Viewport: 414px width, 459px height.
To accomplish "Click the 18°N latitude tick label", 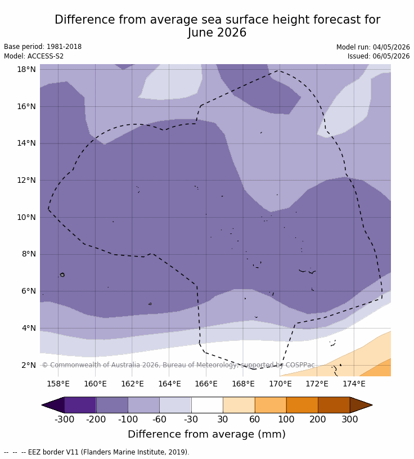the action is tap(26, 69).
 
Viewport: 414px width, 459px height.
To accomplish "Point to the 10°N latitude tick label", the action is tap(26, 217).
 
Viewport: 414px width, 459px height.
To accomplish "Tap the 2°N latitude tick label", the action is tap(29, 365).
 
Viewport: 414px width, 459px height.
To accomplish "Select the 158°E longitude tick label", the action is tap(58, 384).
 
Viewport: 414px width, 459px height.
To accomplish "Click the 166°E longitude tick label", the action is tap(206, 384).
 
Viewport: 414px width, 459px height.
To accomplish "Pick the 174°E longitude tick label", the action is tap(354, 384).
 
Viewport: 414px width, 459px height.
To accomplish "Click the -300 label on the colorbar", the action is tap(65, 420).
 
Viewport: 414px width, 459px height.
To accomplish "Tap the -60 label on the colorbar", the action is tap(159, 420).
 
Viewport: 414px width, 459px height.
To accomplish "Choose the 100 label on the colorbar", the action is tap(286, 420).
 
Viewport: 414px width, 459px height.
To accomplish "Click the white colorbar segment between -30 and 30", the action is tap(207, 405).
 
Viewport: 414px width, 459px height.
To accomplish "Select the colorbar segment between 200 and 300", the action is tap(334, 405).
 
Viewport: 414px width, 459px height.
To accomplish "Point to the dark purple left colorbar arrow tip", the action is tap(42, 405).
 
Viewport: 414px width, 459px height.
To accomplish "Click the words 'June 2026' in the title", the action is tap(217, 33).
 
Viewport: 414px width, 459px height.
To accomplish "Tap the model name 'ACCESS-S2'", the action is tap(46, 56).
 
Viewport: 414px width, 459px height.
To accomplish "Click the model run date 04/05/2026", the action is tap(391, 47).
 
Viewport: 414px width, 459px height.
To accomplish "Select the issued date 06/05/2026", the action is tap(391, 56).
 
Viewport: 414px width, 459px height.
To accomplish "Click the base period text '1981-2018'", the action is tap(64, 47).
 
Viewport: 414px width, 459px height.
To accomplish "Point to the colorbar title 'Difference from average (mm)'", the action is tap(206, 434).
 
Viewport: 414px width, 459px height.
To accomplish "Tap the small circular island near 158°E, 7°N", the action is tap(62, 275).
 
